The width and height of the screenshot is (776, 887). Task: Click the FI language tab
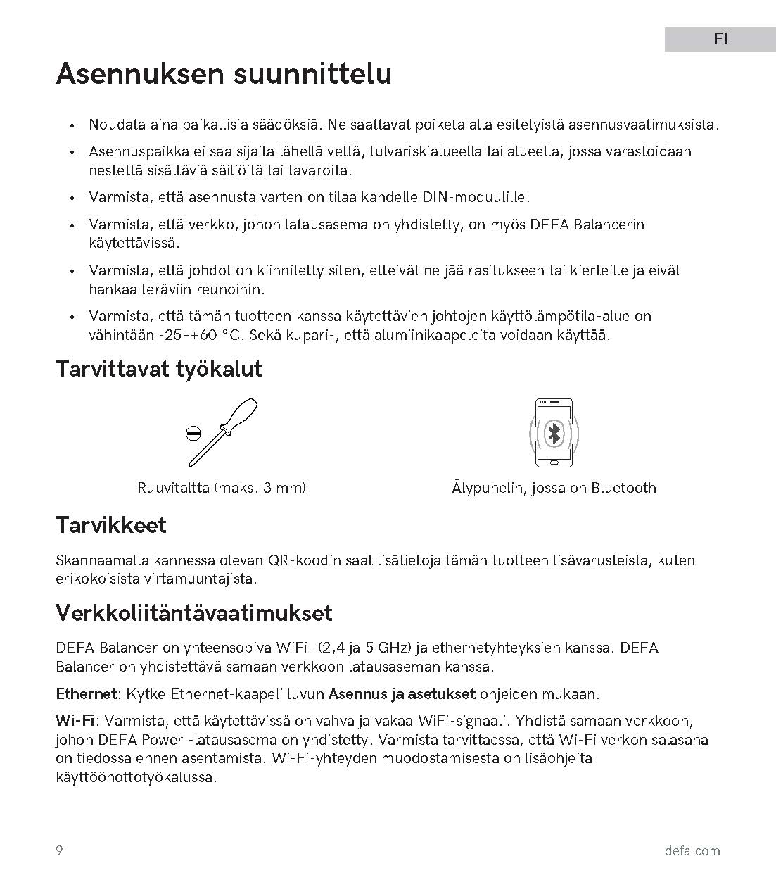pos(720,39)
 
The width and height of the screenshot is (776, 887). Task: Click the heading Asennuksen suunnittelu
pos(224,74)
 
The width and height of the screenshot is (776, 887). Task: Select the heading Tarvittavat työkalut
pos(159,369)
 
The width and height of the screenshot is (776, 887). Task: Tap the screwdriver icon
pos(223,432)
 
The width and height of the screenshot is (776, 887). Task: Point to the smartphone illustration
pos(554,433)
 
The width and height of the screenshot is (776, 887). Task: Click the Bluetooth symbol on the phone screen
pos(554,434)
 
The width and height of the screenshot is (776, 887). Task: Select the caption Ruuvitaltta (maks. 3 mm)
pos(222,488)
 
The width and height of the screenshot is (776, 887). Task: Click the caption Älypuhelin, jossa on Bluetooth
pos(554,488)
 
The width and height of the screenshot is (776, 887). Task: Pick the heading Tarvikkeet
pos(111,525)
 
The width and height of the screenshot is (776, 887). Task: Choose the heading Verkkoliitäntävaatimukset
pos(193,613)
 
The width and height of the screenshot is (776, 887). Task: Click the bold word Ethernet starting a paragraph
pos(85,694)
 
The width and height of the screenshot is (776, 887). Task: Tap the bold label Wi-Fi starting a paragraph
pos(75,721)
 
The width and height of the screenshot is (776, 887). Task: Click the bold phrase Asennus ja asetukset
pos(402,694)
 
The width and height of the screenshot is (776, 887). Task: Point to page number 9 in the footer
pos(59,850)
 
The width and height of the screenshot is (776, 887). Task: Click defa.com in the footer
pos(692,851)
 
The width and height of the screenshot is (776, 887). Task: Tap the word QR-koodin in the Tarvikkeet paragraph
pos(305,561)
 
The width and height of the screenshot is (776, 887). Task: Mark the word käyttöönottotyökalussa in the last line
pos(136,777)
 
